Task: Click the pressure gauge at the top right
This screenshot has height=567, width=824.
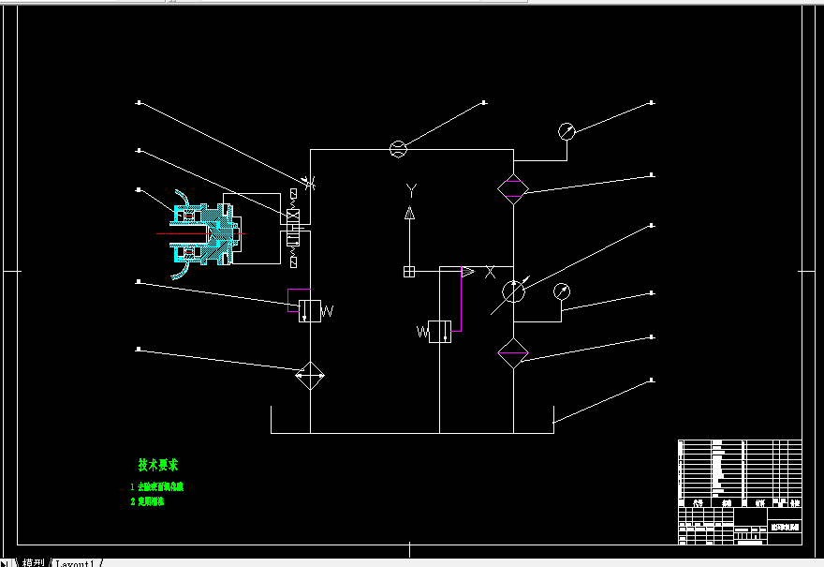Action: pos(566,131)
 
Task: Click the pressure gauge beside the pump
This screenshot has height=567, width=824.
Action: pos(562,291)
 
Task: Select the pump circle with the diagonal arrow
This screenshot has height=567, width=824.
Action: pos(513,291)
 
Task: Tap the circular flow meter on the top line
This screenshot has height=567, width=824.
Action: pos(397,148)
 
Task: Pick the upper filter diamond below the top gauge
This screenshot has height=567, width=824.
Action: pos(513,187)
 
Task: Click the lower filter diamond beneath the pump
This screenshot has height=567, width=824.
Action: pos(513,353)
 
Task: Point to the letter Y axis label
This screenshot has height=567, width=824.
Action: pos(410,190)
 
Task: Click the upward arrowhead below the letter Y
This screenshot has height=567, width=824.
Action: pos(409,214)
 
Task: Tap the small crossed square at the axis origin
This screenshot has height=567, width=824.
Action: pos(409,272)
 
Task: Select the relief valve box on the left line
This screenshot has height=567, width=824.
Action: pos(309,311)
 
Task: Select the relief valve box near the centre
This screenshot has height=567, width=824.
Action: pos(439,331)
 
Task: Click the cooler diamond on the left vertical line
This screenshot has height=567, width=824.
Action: pos(309,377)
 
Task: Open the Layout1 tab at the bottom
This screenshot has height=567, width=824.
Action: pos(77,562)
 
